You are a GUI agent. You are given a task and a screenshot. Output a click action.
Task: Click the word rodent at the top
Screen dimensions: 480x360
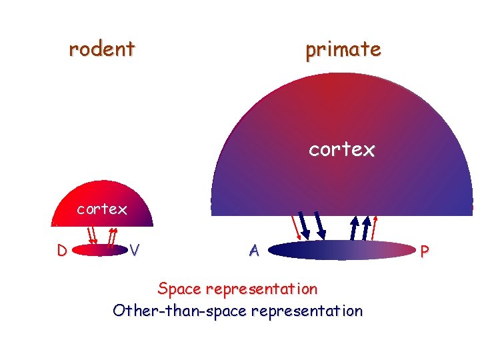tap(102, 49)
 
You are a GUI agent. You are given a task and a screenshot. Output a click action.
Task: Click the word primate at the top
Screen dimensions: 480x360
tap(343, 49)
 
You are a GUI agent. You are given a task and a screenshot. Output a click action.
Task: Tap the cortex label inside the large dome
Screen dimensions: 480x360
tap(341, 150)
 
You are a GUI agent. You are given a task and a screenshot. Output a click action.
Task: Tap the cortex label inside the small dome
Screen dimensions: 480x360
tap(102, 209)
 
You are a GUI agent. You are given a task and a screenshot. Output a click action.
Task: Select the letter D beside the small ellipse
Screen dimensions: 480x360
tap(61, 251)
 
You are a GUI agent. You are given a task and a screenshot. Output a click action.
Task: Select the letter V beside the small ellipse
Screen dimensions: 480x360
tap(135, 251)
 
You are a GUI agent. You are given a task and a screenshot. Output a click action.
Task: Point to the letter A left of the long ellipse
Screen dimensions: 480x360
tap(253, 251)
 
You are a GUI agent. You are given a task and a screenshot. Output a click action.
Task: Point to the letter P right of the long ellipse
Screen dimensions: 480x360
tap(425, 251)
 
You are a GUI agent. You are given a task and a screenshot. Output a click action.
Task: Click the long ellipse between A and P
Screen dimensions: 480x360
tap(341, 250)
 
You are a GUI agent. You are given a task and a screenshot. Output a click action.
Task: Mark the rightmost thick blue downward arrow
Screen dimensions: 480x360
tap(320, 225)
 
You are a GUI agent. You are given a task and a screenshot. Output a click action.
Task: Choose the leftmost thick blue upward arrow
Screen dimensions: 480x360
tap(354, 227)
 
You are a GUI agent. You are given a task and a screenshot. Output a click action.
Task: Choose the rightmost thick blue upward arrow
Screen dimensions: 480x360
tap(365, 227)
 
